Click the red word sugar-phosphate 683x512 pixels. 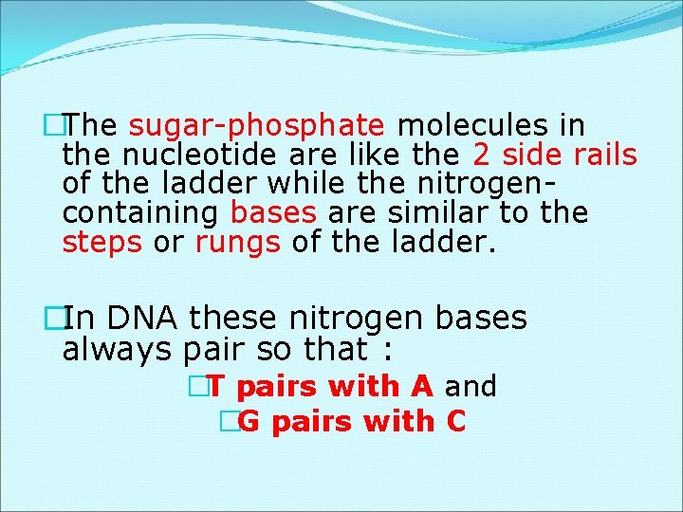tap(256, 126)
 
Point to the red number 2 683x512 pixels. tap(480, 155)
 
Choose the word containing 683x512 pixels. tap(141, 213)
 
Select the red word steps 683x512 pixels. tap(102, 243)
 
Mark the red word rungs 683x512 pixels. tap(237, 243)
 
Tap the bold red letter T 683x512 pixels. tap(214, 386)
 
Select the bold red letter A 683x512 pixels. tap(422, 386)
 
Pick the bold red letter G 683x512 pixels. tap(249, 421)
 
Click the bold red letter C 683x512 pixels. tap(455, 421)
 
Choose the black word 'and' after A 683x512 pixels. tap(471, 386)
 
